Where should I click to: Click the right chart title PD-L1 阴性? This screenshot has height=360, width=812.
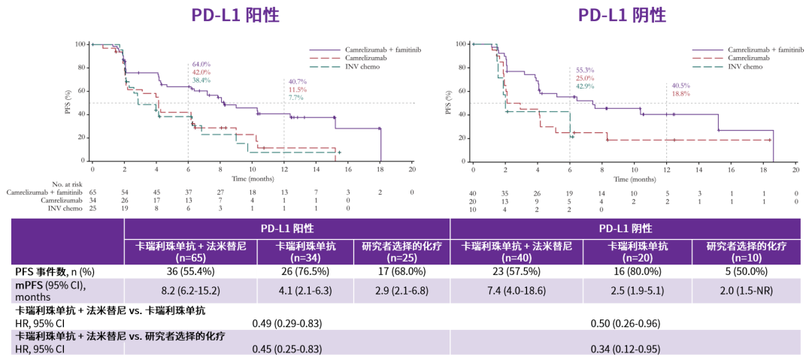pyautogui.click(x=622, y=15)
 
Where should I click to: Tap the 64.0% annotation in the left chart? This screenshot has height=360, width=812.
pyautogui.click(x=201, y=65)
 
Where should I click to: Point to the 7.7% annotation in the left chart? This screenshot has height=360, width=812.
pyautogui.click(x=296, y=98)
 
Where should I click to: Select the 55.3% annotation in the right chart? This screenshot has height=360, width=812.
pyautogui.click(x=583, y=69)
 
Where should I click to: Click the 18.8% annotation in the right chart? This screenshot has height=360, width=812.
pyautogui.click(x=680, y=93)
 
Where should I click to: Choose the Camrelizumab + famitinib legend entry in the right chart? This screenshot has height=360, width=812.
pyautogui.click(x=765, y=49)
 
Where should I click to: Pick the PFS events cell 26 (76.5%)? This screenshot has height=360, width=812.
pyautogui.click(x=305, y=271)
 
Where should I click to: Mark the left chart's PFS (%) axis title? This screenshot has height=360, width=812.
pyautogui.click(x=69, y=101)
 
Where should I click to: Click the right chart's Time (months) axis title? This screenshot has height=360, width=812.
pyautogui.click(x=633, y=180)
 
